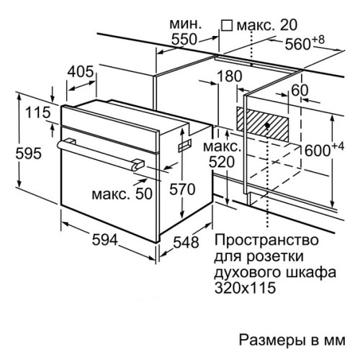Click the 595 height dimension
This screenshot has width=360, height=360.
point(29,153)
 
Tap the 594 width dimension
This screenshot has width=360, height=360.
point(105,240)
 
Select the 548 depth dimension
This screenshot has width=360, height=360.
point(186,242)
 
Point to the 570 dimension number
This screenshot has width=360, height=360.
point(182,189)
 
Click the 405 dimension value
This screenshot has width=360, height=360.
point(80,71)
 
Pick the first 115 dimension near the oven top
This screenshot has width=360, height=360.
point(38,112)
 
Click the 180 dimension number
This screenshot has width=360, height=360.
point(230,76)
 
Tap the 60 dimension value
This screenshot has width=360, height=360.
point(300,90)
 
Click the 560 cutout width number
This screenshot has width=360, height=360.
point(298,44)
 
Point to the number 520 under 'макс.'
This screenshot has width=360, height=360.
point(222,162)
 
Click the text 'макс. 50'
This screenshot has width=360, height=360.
point(122,194)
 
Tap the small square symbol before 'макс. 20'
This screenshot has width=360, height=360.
point(227,25)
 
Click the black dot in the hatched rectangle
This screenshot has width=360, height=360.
point(267,125)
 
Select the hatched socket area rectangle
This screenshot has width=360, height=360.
point(263,124)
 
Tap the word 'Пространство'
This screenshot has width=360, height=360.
point(266,240)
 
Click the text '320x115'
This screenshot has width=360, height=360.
point(245,287)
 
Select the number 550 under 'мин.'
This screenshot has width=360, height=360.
point(184,40)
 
